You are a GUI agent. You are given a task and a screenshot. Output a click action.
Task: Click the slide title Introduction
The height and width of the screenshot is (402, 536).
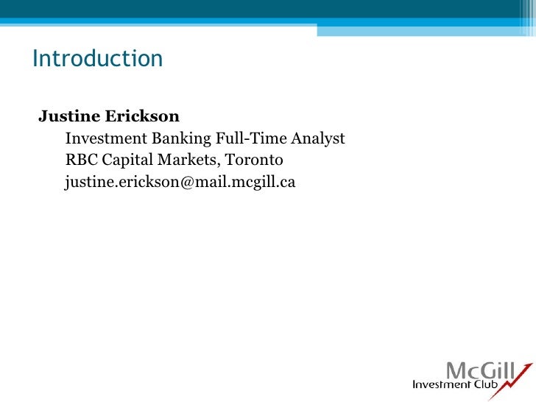coord(97,59)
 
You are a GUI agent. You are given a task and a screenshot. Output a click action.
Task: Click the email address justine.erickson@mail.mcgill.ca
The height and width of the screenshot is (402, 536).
coord(180,182)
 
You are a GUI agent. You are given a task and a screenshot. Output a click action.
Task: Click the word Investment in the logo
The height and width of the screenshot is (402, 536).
coord(440,385)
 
